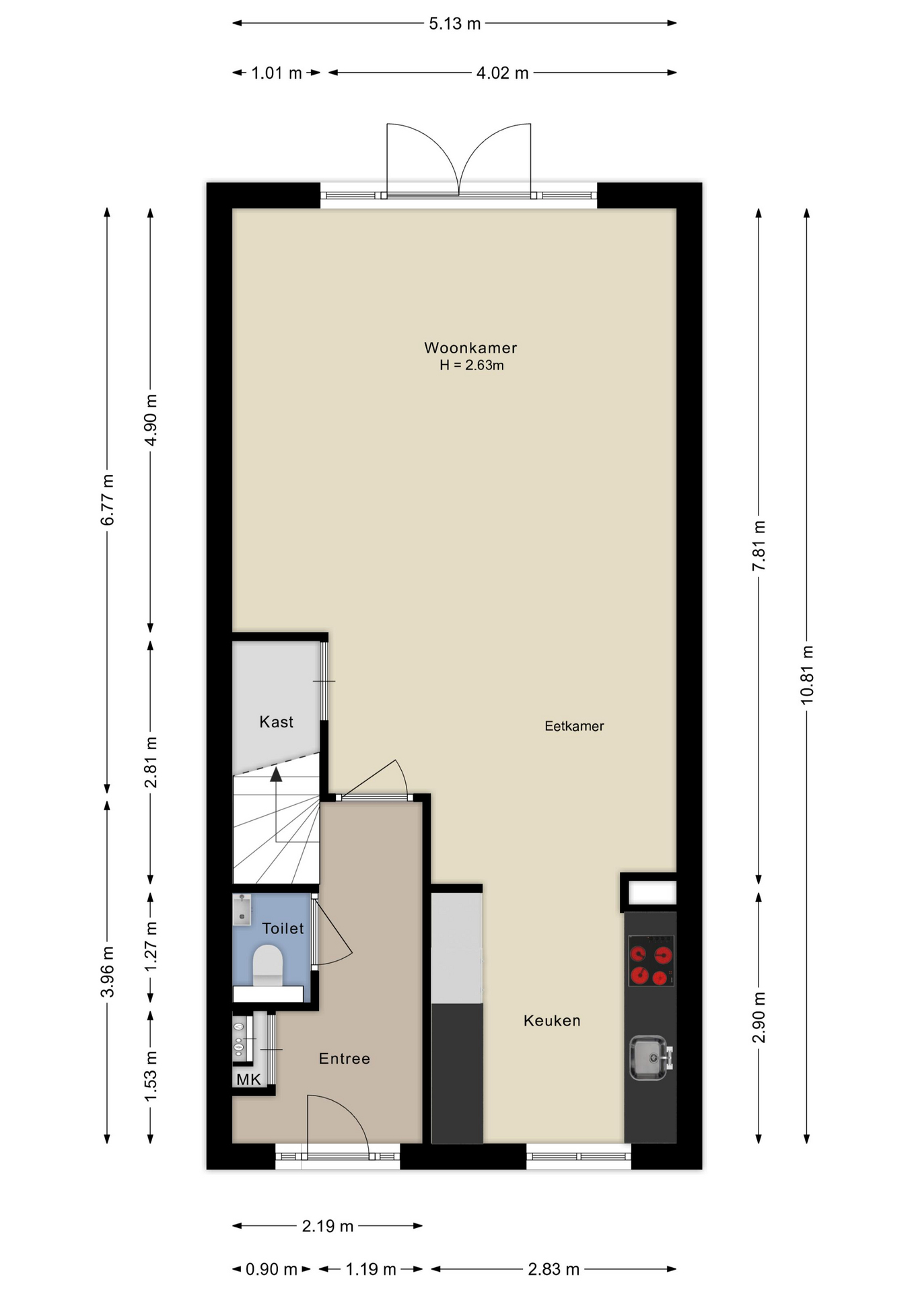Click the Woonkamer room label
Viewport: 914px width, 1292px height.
470,348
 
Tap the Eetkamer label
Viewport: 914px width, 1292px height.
574,726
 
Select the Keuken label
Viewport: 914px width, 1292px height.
552,1021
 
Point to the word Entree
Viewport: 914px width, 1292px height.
345,1059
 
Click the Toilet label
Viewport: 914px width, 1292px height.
283,929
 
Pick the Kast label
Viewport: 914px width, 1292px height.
277,722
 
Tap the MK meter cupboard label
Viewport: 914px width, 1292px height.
248,1080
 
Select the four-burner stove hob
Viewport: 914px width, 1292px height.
651,961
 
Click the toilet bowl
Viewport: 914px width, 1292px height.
267,962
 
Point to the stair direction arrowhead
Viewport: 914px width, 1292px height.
276,775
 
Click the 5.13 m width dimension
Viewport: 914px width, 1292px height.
455,24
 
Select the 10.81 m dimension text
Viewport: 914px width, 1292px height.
807,675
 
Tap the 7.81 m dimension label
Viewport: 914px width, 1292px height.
759,546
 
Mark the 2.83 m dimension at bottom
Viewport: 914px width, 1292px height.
553,1269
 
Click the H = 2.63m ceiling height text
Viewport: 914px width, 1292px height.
472,365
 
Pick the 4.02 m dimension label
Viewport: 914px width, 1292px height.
502,73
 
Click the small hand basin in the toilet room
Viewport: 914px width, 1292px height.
242,908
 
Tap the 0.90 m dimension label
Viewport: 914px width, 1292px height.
271,1269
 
